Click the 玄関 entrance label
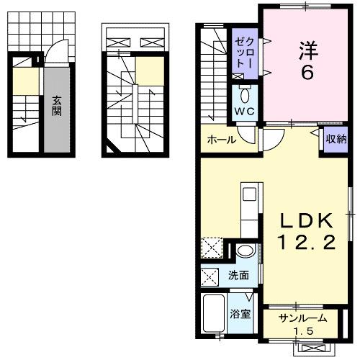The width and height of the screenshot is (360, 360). [55, 107]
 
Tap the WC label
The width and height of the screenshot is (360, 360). [243, 112]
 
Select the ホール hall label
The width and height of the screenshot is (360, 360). [222, 139]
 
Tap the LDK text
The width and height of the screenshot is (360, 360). [301, 220]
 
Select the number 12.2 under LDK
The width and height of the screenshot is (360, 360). [301, 243]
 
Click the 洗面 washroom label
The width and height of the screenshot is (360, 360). [238, 275]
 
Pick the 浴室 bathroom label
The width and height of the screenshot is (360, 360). [239, 314]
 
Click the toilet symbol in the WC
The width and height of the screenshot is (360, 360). [245, 94]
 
